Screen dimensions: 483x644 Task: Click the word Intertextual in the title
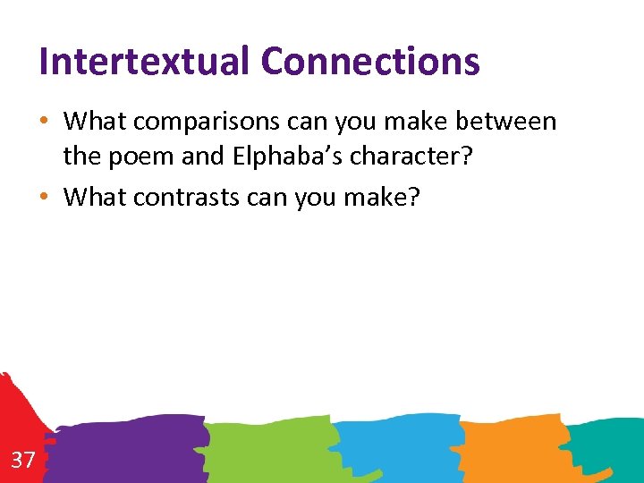point(144,62)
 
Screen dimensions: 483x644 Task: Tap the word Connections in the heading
point(370,62)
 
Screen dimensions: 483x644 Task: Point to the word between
point(503,121)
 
